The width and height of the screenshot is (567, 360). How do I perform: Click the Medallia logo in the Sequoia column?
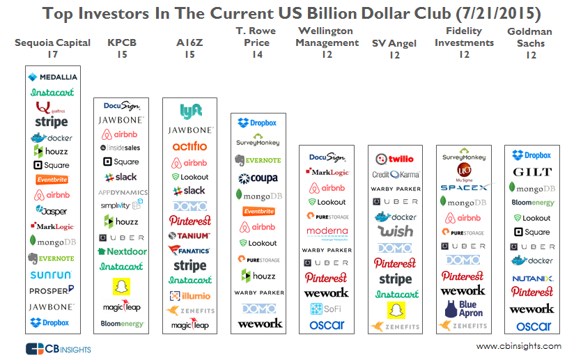[x=52, y=77]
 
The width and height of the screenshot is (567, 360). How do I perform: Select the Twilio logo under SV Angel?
[x=395, y=159]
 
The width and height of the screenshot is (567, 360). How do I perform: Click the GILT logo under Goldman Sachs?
[x=532, y=172]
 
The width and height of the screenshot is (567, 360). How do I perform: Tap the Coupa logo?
[x=258, y=178]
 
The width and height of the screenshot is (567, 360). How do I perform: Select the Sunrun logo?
[x=52, y=274]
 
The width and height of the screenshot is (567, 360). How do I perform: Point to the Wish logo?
[x=395, y=231]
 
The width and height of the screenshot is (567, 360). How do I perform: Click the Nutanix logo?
[x=532, y=278]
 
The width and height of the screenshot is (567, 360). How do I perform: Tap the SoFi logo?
[x=327, y=308]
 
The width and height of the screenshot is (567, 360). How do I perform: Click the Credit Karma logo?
[x=395, y=174]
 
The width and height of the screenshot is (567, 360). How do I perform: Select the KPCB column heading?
[x=121, y=43]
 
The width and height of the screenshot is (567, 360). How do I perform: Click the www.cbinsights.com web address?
[x=518, y=346]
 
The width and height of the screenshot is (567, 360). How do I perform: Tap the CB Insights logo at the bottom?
[x=59, y=347]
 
